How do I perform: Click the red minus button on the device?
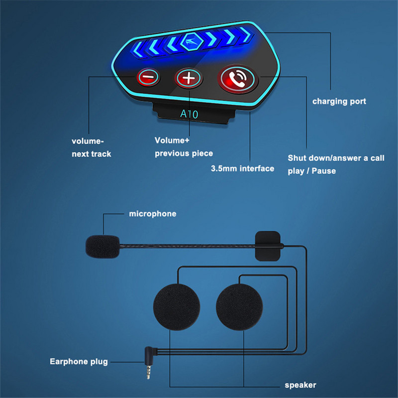(148, 77)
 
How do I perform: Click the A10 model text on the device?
(189, 114)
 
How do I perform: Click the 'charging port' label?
(339, 101)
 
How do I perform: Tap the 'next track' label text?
(92, 154)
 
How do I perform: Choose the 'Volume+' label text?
(172, 140)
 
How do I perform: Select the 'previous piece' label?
(184, 153)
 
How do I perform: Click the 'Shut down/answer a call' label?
(336, 158)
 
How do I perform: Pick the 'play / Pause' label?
(312, 171)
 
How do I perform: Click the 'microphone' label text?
(153, 214)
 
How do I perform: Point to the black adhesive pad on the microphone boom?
(268, 245)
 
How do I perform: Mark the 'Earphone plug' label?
(79, 362)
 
